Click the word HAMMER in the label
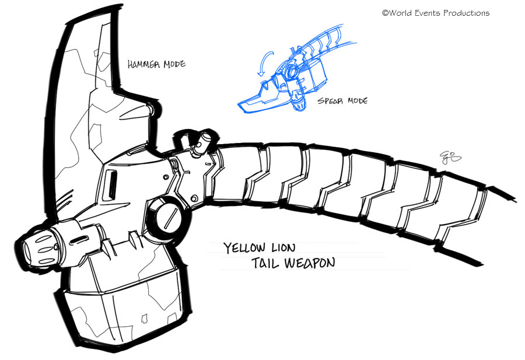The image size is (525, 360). tap(144, 64)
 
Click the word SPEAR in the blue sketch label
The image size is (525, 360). tap(331, 101)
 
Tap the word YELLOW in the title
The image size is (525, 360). tap(244, 248)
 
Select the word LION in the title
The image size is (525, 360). tap(283, 248)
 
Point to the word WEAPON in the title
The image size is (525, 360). tap(310, 263)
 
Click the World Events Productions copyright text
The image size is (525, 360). tap(436, 13)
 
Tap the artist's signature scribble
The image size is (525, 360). tap(450, 157)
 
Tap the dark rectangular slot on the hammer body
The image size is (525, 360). tap(111, 184)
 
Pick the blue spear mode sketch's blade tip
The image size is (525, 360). tap(240, 106)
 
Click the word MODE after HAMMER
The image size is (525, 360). tap(174, 64)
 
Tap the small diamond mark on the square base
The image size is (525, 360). tap(145, 319)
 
